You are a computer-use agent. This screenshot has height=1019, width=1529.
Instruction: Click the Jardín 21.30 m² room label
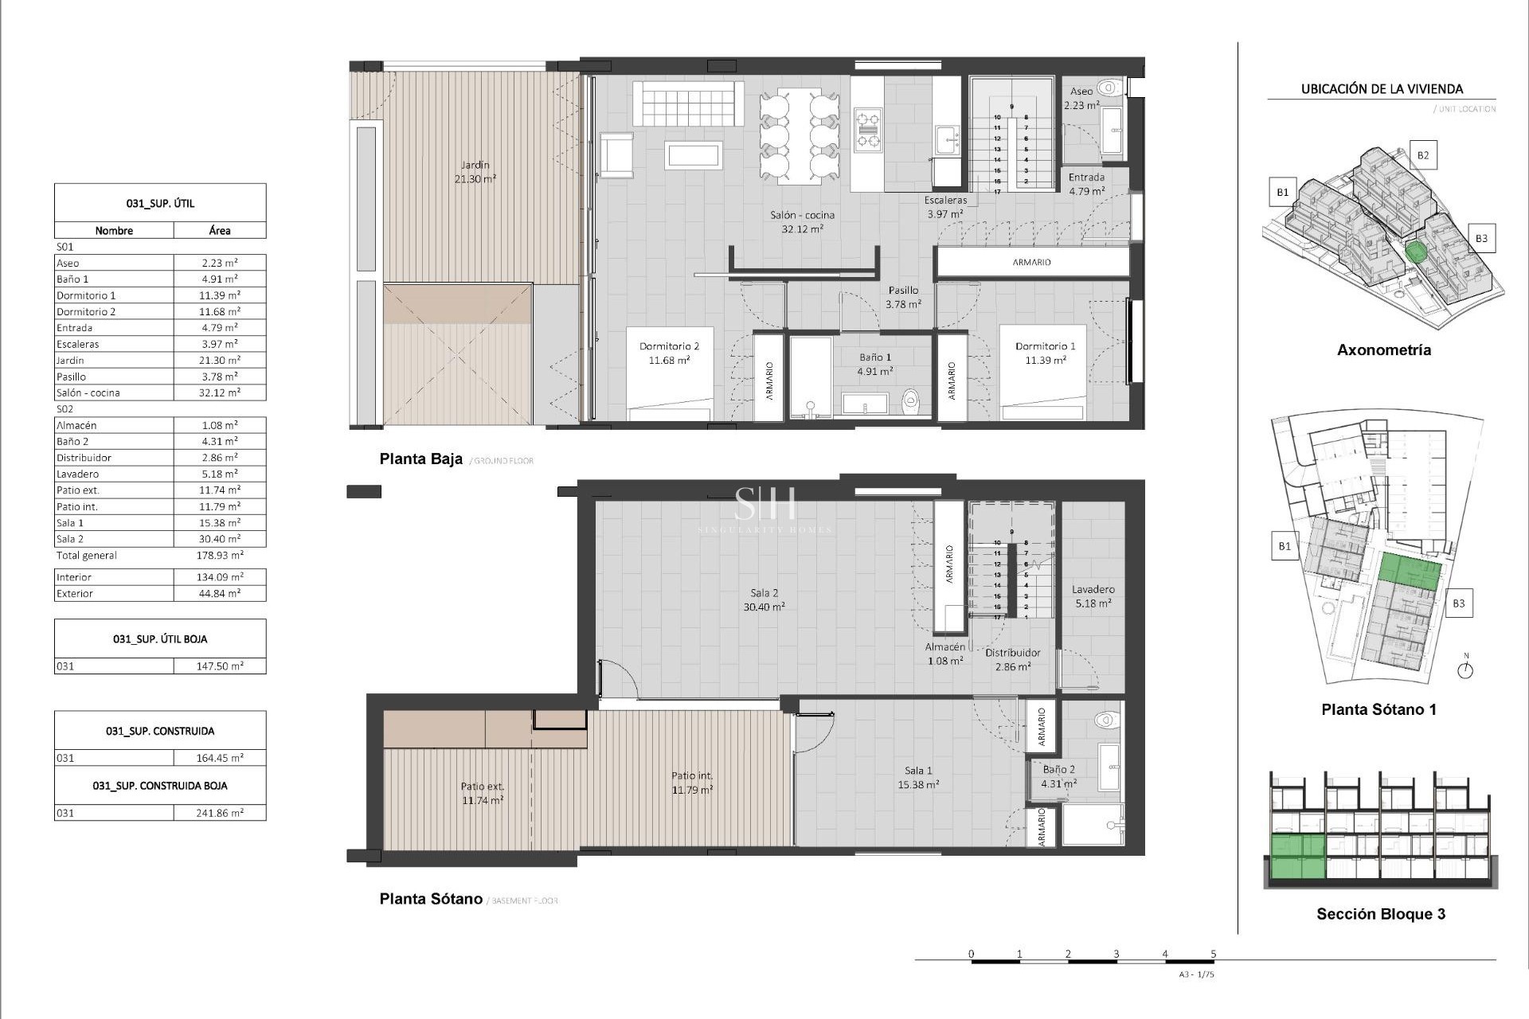(475, 172)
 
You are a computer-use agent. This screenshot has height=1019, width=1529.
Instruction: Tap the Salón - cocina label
(802, 221)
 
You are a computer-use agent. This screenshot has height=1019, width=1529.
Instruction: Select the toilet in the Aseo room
(1108, 88)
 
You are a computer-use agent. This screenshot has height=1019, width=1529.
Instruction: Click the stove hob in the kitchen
(867, 131)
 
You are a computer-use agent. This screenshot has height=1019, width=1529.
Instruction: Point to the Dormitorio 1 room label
(1045, 353)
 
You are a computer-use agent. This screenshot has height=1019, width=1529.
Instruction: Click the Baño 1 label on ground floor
(874, 364)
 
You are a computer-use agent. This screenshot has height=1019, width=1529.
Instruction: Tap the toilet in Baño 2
(1106, 720)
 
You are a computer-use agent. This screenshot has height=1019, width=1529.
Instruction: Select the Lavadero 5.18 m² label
(1093, 596)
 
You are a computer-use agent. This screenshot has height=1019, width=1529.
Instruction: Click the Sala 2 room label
(764, 599)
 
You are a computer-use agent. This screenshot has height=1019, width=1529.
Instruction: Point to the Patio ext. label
(483, 793)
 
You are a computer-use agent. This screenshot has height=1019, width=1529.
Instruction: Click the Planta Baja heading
(420, 459)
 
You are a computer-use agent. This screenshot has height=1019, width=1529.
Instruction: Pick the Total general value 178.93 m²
(220, 556)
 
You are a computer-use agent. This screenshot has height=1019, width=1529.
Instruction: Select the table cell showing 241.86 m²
(220, 813)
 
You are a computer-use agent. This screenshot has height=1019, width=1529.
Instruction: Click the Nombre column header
(114, 231)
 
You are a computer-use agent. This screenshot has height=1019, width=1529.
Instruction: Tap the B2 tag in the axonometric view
(1422, 155)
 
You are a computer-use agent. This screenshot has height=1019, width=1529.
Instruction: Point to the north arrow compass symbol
(1465, 670)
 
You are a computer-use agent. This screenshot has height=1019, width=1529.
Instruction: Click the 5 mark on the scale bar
(1213, 954)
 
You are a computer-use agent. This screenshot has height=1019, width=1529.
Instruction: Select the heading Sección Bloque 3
(1380, 914)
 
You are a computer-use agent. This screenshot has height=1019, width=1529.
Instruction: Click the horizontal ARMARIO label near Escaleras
(1031, 262)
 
